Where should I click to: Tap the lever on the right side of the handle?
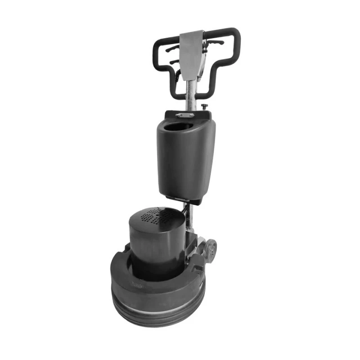point(215,43)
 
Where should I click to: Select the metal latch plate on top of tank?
point(185,115)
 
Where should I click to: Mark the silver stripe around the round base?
point(157,302)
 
